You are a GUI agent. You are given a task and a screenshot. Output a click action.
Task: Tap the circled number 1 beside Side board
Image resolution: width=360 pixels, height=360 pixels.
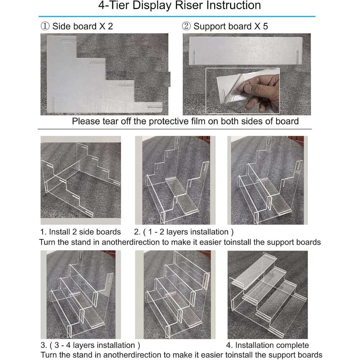click(x=45, y=26)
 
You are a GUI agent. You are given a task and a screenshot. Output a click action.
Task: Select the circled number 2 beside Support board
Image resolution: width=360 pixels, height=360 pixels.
click(x=186, y=26)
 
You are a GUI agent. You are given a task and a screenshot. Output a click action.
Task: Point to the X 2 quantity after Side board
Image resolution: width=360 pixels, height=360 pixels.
click(x=106, y=26)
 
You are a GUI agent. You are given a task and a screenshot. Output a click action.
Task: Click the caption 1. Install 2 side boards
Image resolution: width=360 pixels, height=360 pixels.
click(x=80, y=232)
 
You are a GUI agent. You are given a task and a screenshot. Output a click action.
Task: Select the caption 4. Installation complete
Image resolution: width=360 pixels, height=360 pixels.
click(x=267, y=345)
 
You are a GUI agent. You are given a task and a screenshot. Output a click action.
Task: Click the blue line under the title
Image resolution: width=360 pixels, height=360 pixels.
click(x=177, y=17)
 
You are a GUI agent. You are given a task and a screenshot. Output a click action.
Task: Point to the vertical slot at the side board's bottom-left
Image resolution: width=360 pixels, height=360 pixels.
click(x=53, y=105)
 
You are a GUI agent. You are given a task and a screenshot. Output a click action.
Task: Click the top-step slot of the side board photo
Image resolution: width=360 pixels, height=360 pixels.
click(x=68, y=41)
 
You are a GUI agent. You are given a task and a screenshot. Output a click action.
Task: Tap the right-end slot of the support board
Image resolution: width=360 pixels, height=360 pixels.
click(x=297, y=57)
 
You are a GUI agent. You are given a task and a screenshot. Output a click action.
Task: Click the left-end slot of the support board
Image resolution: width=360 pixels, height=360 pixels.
click(x=194, y=57)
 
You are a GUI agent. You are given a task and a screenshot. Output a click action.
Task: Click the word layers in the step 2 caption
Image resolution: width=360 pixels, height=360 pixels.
click(x=179, y=232)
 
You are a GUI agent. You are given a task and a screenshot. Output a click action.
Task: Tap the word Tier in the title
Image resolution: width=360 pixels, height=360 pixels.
click(x=120, y=5)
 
